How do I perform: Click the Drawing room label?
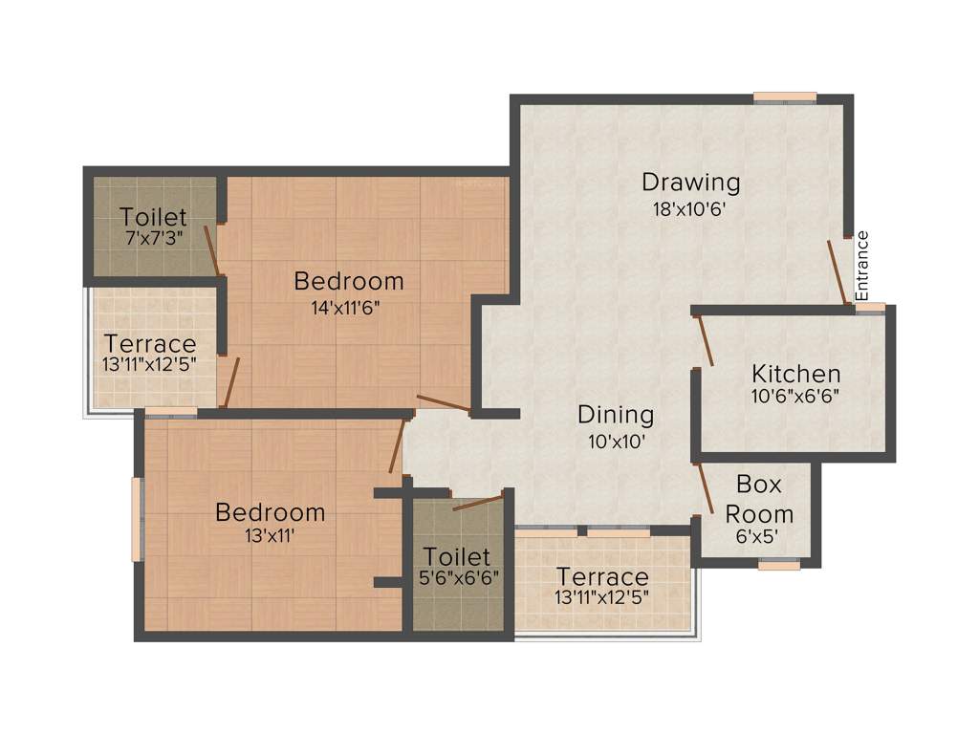tap(690, 181)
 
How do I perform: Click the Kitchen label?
tap(795, 374)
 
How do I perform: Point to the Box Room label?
tap(759, 499)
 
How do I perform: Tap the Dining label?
tap(616, 415)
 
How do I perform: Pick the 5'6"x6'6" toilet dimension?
tap(456, 579)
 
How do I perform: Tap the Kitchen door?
tap(706, 340)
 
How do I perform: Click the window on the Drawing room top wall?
tap(784, 97)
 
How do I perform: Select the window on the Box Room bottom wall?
tap(778, 565)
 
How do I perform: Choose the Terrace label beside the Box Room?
tap(602, 577)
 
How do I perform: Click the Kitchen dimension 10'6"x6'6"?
tap(795, 395)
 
